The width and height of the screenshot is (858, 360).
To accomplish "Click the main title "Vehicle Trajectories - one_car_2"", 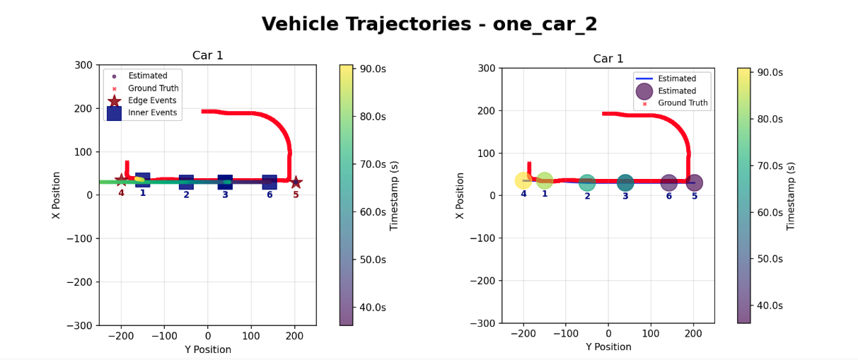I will click(429, 25).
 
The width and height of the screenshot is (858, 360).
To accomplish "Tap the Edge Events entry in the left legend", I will click(153, 101).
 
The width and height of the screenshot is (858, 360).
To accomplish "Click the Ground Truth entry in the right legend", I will click(683, 103).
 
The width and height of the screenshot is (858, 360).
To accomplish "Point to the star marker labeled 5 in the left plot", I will click(296, 182).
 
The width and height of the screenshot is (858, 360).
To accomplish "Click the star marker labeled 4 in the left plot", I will click(121, 180).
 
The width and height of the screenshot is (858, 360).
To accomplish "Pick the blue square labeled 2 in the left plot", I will click(186, 182).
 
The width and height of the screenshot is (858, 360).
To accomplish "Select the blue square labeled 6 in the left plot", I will click(269, 182).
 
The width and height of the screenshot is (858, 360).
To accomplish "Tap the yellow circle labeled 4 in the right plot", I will click(523, 181).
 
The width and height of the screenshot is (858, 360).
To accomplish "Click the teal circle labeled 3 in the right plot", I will click(625, 182).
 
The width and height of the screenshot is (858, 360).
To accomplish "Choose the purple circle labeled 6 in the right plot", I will click(668, 182).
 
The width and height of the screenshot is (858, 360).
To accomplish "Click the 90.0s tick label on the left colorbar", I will click(373, 69).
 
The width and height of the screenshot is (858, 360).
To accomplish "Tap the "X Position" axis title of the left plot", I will click(57, 194).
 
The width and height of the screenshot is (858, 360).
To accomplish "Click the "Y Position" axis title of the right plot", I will click(608, 347).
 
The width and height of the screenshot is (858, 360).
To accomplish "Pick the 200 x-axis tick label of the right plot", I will click(693, 334).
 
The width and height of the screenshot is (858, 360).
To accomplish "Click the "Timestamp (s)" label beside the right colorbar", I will click(791, 196).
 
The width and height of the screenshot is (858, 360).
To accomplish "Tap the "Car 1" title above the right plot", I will click(608, 59).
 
